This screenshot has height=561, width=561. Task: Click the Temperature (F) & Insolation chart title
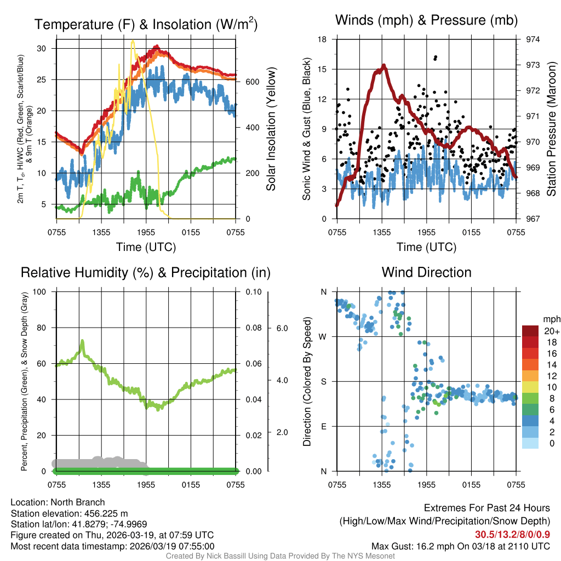[146, 24]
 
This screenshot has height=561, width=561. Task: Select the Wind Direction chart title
[426, 272]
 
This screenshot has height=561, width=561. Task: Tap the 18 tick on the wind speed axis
[322, 39]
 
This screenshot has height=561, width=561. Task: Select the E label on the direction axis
[324, 426]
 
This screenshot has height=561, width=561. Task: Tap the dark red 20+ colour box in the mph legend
[530, 331]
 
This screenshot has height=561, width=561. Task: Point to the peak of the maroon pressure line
[383, 65]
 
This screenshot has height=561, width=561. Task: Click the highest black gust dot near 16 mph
[436, 57]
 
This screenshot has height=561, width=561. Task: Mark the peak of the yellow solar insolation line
[133, 41]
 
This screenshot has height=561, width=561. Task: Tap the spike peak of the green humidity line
[82, 341]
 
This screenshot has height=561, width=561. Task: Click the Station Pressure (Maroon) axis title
[551, 129]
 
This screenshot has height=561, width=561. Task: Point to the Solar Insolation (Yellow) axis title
[271, 129]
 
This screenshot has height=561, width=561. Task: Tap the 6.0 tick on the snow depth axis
[282, 328]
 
